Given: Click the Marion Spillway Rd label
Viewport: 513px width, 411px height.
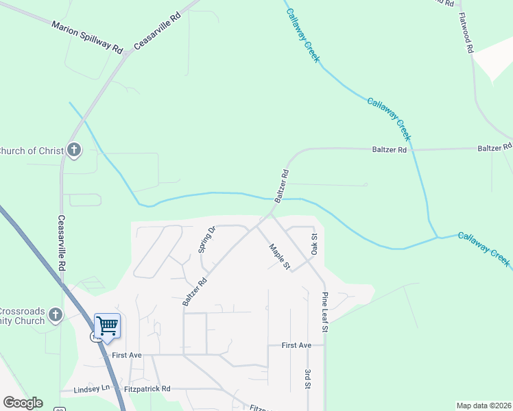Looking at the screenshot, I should (x=86, y=37).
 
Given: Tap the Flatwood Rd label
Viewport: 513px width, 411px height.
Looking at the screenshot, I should (x=467, y=33).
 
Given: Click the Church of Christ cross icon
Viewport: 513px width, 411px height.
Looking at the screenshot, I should (x=74, y=150).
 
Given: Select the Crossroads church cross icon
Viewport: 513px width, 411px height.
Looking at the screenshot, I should (x=56, y=315).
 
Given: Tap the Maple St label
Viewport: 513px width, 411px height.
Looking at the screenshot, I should (x=280, y=256).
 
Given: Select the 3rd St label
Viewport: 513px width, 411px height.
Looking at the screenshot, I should (x=307, y=379).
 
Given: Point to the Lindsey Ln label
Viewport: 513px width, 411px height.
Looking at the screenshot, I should (x=95, y=388).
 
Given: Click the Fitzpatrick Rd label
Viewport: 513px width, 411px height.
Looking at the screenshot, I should (x=147, y=388).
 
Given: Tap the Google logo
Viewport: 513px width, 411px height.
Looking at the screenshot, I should (x=23, y=403).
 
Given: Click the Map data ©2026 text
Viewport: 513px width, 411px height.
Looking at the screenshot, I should (x=484, y=406).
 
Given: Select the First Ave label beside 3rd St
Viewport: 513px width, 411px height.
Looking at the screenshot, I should (x=296, y=346).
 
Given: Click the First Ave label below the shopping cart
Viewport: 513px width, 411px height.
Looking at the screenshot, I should (x=126, y=356).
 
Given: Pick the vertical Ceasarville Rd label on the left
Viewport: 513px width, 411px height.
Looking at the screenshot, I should (x=61, y=244).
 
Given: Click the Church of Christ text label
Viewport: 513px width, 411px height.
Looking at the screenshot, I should (x=31, y=151).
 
